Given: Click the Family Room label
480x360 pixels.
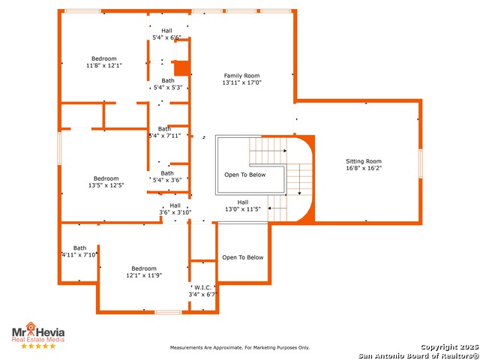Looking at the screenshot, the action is (x=241, y=76).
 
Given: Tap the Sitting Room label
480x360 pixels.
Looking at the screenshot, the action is (x=364, y=161).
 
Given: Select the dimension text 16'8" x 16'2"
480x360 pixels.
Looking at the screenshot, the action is (x=364, y=168).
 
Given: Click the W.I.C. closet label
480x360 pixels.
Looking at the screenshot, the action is (x=202, y=288).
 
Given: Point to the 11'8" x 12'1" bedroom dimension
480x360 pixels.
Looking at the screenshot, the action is (x=104, y=65).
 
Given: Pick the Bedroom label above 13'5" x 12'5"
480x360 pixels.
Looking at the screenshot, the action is (x=106, y=178).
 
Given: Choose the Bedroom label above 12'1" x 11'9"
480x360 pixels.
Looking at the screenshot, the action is (x=144, y=268).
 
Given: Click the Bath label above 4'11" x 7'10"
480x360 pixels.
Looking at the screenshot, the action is (x=79, y=248).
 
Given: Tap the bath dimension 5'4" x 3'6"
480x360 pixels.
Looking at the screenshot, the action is (x=167, y=180).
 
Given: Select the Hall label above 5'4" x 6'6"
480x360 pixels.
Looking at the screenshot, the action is (x=166, y=31).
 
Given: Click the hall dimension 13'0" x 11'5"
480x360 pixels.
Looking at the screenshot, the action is (x=243, y=209).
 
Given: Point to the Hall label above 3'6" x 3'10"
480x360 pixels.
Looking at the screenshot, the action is (x=175, y=205).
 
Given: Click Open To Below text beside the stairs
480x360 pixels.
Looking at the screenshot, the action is (x=245, y=175).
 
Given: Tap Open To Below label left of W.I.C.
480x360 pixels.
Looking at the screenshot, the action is (x=243, y=257).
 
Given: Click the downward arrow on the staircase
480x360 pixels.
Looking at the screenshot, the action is (x=299, y=179).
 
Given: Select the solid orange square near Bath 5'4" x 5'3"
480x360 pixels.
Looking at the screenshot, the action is (x=181, y=68).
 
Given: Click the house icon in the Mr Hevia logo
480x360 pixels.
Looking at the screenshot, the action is (x=31, y=327).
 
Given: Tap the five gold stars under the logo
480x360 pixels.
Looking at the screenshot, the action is (x=38, y=346).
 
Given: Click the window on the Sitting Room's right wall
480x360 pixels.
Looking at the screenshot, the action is (x=420, y=163).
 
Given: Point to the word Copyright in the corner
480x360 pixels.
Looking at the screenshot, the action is (x=440, y=347).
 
